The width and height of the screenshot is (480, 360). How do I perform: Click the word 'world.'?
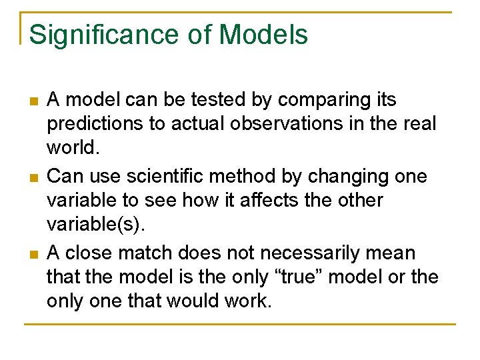[73, 147]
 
